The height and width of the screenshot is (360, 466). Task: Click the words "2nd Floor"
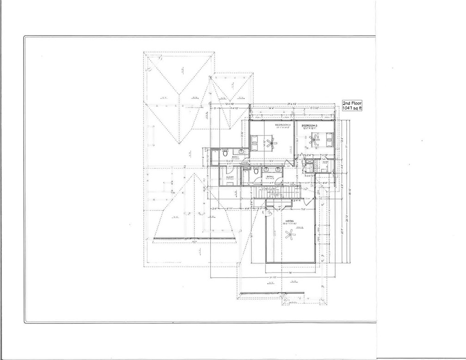[352, 103]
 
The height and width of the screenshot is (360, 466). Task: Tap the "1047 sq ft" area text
[352, 109]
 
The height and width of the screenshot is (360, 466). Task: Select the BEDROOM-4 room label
[282, 125]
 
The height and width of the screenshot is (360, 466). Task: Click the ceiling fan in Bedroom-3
[316, 137]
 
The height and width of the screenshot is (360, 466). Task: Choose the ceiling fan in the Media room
[290, 237]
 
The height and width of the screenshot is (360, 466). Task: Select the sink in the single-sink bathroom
[241, 151]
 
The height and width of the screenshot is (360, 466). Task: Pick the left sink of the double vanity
[265, 169]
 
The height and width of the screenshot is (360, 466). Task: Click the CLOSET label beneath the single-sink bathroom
[230, 177]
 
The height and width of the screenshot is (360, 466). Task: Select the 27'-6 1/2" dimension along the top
[292, 104]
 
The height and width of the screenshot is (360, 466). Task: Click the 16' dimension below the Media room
[290, 273]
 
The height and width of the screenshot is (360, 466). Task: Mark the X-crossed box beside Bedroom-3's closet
[309, 162]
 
